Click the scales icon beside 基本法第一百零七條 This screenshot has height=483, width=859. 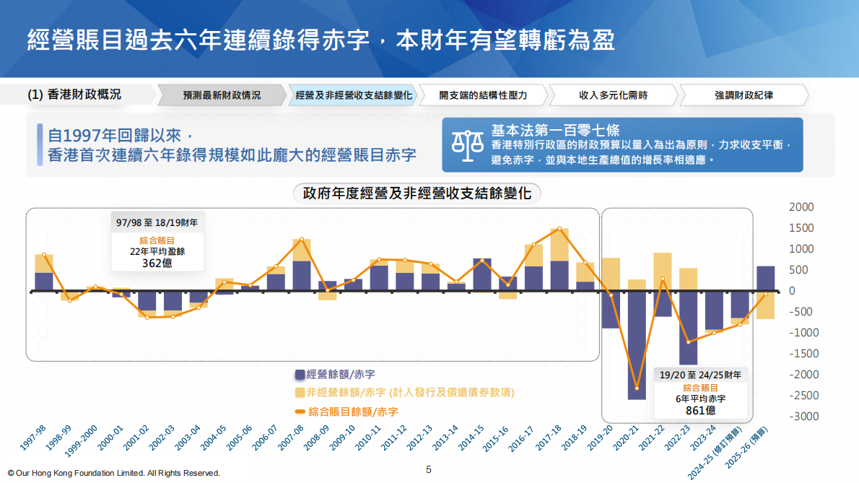click(x=468, y=144)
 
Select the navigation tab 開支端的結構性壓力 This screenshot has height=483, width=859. click(x=483, y=95)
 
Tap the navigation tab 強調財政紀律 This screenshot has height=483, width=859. click(x=743, y=95)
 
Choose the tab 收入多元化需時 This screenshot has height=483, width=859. click(x=613, y=95)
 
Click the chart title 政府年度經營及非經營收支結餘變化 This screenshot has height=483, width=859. click(x=417, y=193)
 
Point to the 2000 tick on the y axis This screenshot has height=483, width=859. click(x=802, y=207)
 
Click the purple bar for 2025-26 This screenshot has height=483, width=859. click(x=765, y=279)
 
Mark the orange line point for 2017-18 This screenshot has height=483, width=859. click(x=559, y=229)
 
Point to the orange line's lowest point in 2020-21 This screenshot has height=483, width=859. click(x=637, y=388)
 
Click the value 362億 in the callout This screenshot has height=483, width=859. click(x=157, y=263)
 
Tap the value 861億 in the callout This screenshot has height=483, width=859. click(x=700, y=410)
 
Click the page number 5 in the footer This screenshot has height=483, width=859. click(x=429, y=469)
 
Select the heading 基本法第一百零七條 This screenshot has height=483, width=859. click(x=555, y=131)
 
